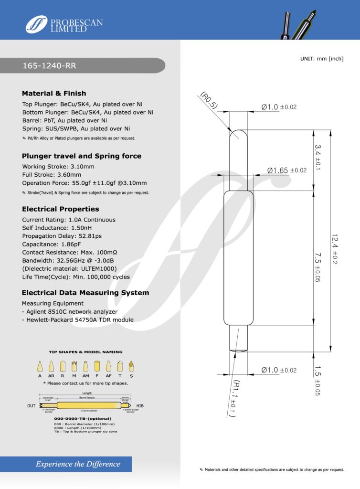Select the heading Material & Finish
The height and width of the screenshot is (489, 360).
pyautogui.click(x=54, y=93)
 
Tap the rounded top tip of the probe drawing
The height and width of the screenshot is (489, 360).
pyautogui.click(x=239, y=135)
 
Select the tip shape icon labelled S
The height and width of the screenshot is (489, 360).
pyautogui.click(x=131, y=367)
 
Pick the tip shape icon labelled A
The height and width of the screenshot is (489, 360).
pyautogui.click(x=40, y=367)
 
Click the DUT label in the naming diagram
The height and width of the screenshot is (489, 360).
pyautogui.click(x=30, y=406)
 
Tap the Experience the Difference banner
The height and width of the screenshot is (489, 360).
pyautogui.click(x=78, y=464)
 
